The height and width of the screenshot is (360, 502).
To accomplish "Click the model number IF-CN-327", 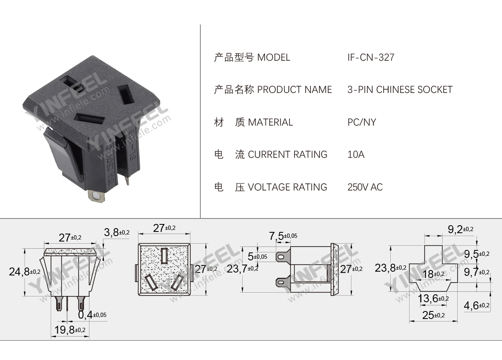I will (371, 57).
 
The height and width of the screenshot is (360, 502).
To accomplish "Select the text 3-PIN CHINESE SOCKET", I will (400, 90).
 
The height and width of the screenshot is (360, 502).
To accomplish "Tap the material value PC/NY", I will (361, 122).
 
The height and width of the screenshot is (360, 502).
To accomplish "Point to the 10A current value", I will (356, 154).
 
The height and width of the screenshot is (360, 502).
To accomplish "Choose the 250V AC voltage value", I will (365, 187).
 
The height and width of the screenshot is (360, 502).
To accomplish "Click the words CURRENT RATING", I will (287, 154).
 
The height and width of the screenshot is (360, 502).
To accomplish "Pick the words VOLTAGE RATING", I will (287, 187).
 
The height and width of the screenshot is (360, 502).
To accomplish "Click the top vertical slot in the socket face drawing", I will (164, 255).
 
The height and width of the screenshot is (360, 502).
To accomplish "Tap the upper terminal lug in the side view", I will (282, 256).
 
